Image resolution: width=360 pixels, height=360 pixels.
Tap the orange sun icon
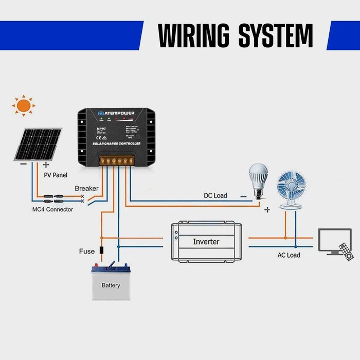(x=23, y=106)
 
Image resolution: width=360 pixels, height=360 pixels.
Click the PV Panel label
(x=56, y=175)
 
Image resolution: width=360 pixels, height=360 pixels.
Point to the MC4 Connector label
(x=52, y=209)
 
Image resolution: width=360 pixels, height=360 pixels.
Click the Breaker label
(x=86, y=189)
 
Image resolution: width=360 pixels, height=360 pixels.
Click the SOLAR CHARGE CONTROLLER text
(x=116, y=143)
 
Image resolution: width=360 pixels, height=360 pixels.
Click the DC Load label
(x=215, y=196)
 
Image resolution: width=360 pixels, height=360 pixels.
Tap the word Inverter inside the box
(x=206, y=241)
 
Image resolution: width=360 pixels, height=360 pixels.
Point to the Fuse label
(x=86, y=251)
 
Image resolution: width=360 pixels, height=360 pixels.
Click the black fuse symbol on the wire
(x=101, y=251)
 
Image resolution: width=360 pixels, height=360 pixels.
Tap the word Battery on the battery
(x=111, y=285)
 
